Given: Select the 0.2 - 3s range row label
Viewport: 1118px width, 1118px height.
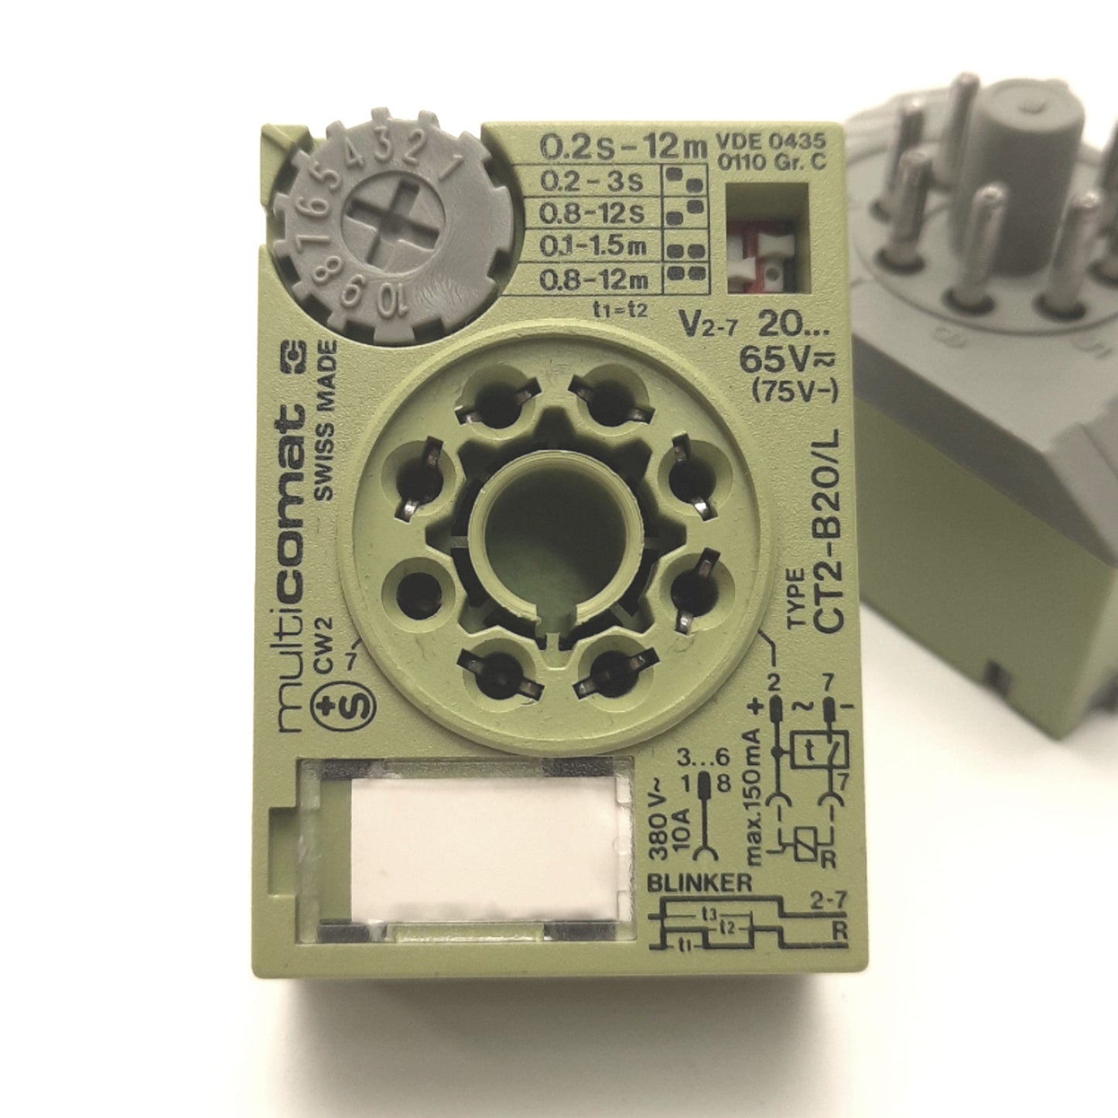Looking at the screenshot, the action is (591, 181).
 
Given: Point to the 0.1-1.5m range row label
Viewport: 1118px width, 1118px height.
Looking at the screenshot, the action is (593, 247).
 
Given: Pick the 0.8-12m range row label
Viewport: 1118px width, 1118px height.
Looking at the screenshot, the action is (593, 280).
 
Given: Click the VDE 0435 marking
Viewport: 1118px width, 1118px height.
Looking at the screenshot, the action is (771, 142).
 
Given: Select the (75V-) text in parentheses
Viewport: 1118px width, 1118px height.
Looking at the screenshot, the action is (795, 393).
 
